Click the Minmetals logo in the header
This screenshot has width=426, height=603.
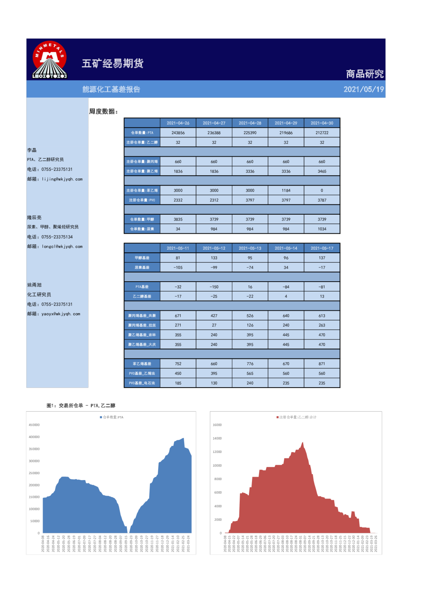pos(50,60)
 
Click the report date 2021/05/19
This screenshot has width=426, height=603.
pos(363,89)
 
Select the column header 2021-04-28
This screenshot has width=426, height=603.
pos(250,123)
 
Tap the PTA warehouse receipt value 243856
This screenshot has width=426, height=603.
pos(178,133)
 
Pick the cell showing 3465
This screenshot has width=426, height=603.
pos(322,171)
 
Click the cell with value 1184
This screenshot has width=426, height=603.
pos(286,191)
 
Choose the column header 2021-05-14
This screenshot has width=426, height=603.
pos(286,249)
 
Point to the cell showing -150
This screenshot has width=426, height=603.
pos(214,287)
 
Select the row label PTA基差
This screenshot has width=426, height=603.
pos(142,287)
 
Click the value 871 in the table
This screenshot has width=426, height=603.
pos(322,364)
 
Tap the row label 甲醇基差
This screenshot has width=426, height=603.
pos(142,258)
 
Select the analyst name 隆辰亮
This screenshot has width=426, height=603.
pos(34,218)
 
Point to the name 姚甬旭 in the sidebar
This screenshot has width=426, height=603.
pos(34,285)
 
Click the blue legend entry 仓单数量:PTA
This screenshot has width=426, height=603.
pos(112,417)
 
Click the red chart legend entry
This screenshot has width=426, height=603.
pos(297,417)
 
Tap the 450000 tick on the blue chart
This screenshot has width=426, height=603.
pos(34,425)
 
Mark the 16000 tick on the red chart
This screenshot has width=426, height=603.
pos(217,425)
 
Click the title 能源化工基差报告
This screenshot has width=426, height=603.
pos(111,89)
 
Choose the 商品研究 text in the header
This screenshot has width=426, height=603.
pos(365,74)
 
